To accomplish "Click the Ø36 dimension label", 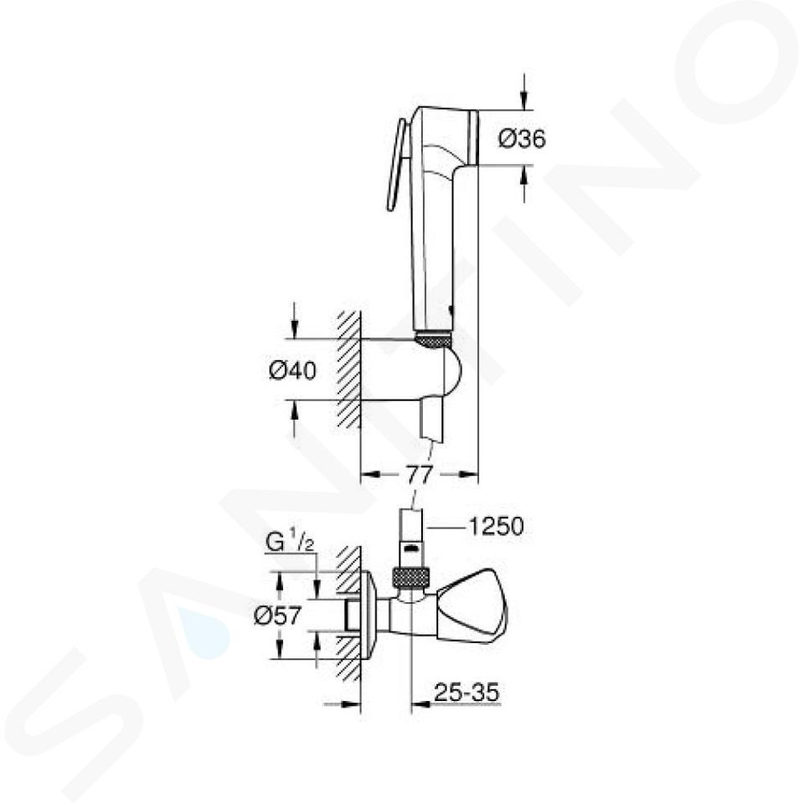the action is pyautogui.click(x=522, y=138).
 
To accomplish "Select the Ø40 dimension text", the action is pyautogui.click(x=293, y=370).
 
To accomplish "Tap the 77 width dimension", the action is pyautogui.click(x=420, y=475).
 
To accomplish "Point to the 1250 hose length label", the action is pyautogui.click(x=497, y=527).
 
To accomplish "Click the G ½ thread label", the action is pyautogui.click(x=290, y=543).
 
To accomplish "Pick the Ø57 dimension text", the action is pyautogui.click(x=277, y=616).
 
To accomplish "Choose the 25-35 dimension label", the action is pyautogui.click(x=466, y=693).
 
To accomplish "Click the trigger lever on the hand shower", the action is pyautogui.click(x=396, y=165).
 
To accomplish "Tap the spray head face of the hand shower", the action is pyautogui.click(x=473, y=137).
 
